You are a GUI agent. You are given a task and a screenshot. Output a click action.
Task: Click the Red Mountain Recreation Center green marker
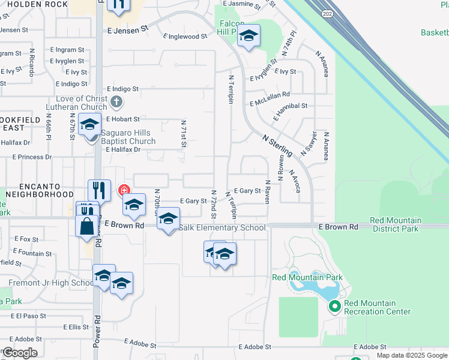pyautogui.click(x=334, y=307)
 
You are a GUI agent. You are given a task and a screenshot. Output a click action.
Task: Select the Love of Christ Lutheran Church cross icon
pyautogui.click(x=117, y=101)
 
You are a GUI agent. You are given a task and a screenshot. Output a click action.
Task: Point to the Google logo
pyautogui.click(x=20, y=353)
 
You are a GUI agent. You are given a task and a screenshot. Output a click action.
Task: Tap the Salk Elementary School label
pyautogui.click(x=222, y=228)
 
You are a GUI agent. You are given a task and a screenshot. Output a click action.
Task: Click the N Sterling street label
pyautogui.click(x=277, y=146)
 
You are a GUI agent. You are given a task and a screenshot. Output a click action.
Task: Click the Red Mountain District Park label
pyautogui.click(x=396, y=224)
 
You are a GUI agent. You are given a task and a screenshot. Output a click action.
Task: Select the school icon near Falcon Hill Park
pyautogui.click(x=249, y=37)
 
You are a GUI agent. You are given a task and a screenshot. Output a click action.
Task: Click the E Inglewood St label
pyautogui.click(x=186, y=37)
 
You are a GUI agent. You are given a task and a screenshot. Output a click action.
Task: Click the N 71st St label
pyautogui.click(x=184, y=133)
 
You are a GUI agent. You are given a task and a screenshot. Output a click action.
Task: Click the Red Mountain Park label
pyautogui.click(x=307, y=277)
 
